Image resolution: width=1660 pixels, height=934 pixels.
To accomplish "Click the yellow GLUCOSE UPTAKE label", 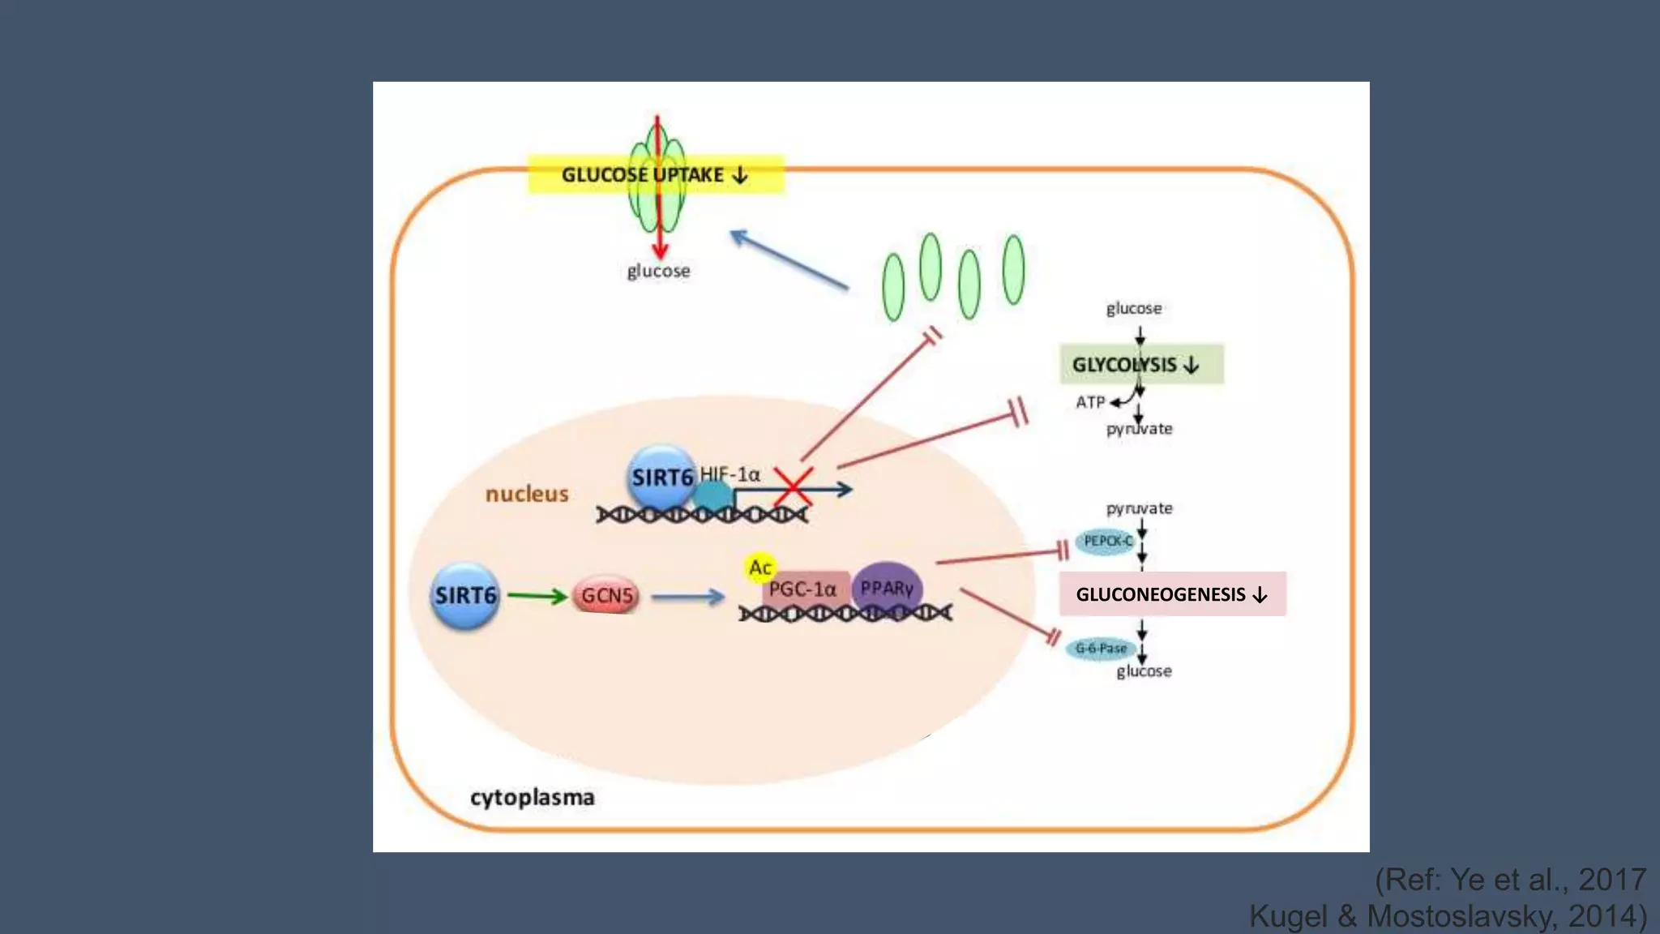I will [600, 175].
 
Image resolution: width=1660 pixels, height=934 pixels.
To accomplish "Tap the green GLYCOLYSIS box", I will [1140, 364].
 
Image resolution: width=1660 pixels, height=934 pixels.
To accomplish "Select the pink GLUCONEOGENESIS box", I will [1171, 594].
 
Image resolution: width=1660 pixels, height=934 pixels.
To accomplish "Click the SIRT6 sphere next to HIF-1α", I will [661, 477].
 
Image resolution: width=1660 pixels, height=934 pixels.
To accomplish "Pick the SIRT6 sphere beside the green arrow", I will [464, 596].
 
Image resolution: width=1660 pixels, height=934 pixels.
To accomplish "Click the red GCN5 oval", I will [606, 596].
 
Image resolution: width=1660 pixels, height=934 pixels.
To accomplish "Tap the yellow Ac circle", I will [759, 568].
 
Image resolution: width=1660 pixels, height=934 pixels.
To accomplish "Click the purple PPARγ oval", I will [887, 588].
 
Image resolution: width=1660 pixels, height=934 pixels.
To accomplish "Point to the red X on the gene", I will [793, 487].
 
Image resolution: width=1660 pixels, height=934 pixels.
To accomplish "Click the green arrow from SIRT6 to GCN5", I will [537, 597].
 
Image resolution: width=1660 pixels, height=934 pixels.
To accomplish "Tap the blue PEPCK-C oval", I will [1107, 541].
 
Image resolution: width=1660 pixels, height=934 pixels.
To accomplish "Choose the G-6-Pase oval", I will [1100, 649].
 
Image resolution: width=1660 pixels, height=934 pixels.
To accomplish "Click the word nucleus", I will [527, 494].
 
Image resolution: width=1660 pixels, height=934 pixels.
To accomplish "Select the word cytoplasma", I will [532, 798].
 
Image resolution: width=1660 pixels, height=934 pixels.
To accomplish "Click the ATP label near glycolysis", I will [1090, 402].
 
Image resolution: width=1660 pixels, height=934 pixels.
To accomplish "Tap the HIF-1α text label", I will [730, 473].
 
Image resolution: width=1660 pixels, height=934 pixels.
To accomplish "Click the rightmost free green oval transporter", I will [1013, 269].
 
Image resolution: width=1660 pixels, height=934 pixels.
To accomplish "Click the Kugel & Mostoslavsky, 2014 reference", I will [1448, 916].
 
